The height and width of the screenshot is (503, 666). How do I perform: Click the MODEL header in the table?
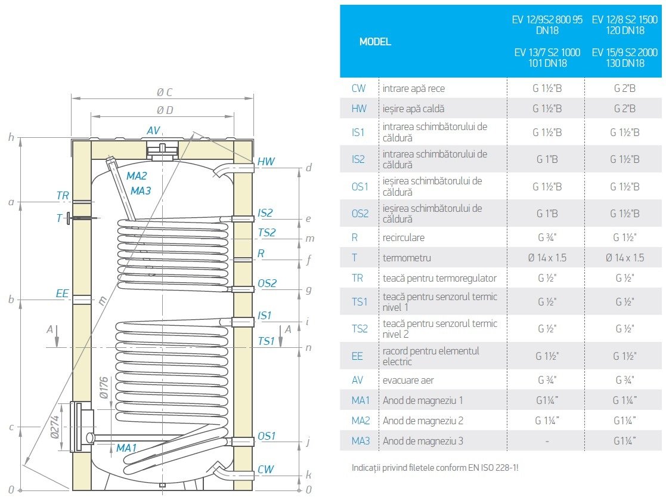(x=375, y=42)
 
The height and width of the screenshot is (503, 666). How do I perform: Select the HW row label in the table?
(x=358, y=109)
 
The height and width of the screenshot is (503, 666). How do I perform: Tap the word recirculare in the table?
(x=404, y=237)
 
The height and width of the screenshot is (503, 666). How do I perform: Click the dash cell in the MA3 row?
(x=547, y=442)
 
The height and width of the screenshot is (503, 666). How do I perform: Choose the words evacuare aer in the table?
(x=408, y=380)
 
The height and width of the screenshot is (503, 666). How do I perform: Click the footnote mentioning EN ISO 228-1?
(x=435, y=468)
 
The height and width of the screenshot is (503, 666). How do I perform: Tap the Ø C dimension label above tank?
(x=164, y=92)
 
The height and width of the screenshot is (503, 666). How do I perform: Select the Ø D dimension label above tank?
(x=165, y=110)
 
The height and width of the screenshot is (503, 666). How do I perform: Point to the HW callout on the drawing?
(x=266, y=162)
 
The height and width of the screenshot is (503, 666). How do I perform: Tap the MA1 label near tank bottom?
(x=126, y=448)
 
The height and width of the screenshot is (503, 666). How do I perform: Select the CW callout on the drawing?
(x=265, y=470)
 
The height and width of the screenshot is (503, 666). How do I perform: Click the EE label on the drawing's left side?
(x=63, y=294)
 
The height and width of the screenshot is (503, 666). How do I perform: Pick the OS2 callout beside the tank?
(x=267, y=283)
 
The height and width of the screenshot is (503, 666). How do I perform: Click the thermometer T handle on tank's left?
(x=70, y=218)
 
